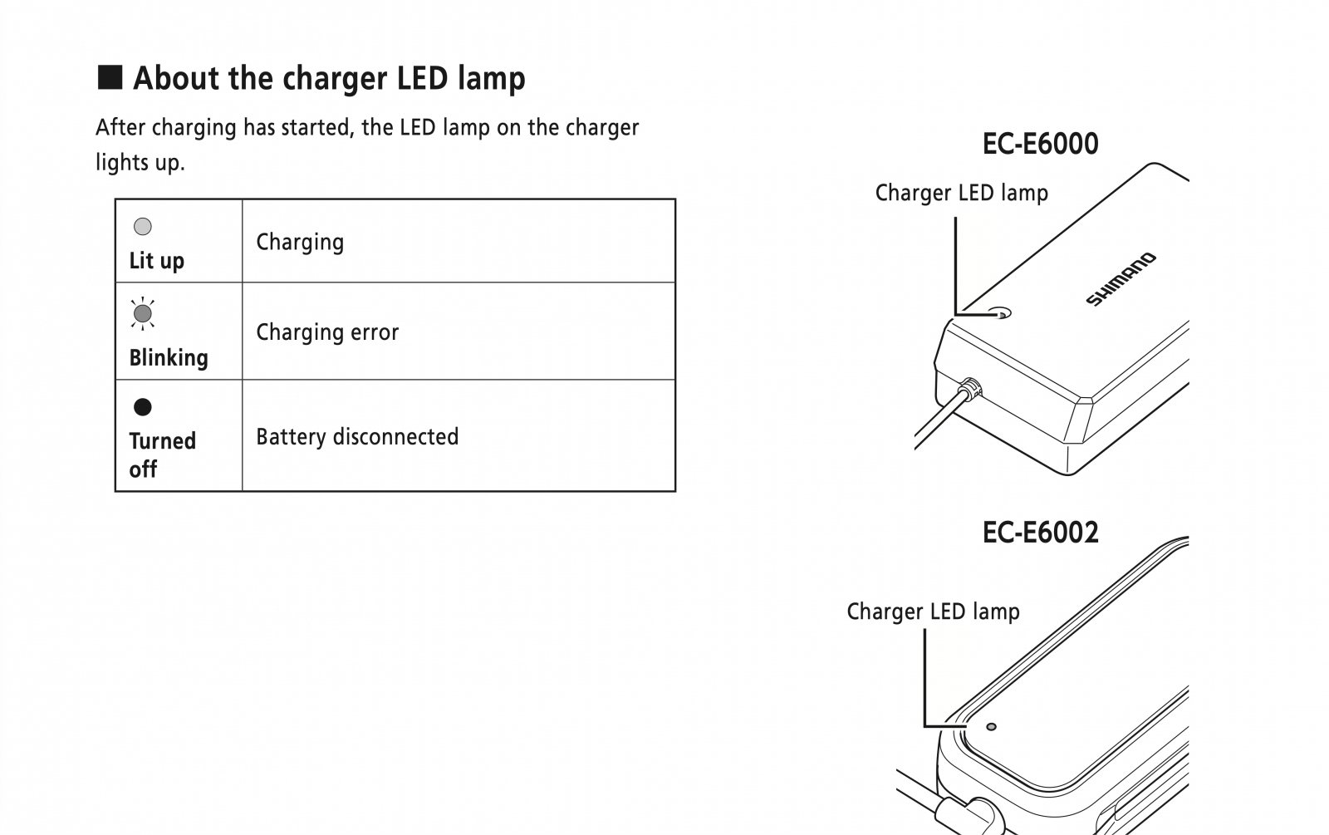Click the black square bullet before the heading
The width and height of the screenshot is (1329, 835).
click(110, 77)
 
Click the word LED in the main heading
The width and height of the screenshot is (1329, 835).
click(422, 78)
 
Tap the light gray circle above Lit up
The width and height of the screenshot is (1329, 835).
click(142, 226)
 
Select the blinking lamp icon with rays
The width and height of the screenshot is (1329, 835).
click(142, 313)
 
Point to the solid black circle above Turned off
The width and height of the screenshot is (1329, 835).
click(142, 406)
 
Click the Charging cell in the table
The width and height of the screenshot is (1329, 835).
click(300, 242)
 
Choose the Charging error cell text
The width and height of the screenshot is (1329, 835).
click(327, 332)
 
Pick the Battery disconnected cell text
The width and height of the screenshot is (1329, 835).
click(357, 437)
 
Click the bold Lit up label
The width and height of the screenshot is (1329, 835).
click(157, 261)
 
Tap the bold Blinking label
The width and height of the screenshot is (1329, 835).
click(169, 358)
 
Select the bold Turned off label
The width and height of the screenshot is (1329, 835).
click(162, 454)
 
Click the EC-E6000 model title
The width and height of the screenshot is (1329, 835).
click(1040, 144)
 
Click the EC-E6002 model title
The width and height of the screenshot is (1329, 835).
click(1040, 533)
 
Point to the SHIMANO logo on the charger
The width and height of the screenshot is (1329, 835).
click(1121, 279)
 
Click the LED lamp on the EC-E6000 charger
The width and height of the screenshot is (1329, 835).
click(1000, 312)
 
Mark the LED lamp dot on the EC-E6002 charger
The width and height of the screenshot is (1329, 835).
click(991, 726)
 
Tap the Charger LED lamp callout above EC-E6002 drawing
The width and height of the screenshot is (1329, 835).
click(933, 612)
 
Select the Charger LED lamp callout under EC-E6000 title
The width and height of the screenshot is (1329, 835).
click(961, 194)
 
